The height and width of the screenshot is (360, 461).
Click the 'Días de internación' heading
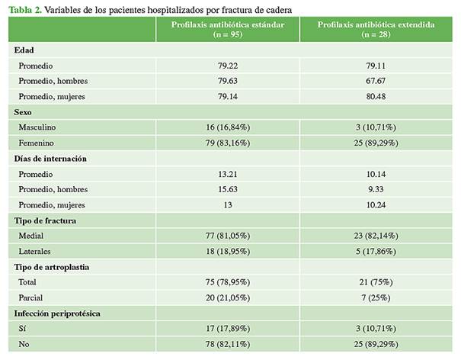point(50,159)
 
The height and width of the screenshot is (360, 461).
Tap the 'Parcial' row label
point(32,297)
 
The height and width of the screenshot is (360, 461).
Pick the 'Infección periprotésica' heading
point(57,313)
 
